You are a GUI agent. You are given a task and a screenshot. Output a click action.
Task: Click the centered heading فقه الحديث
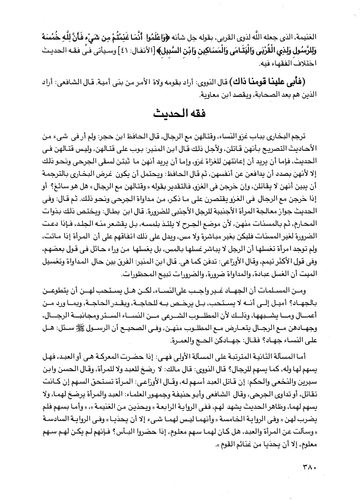point(180,113)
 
